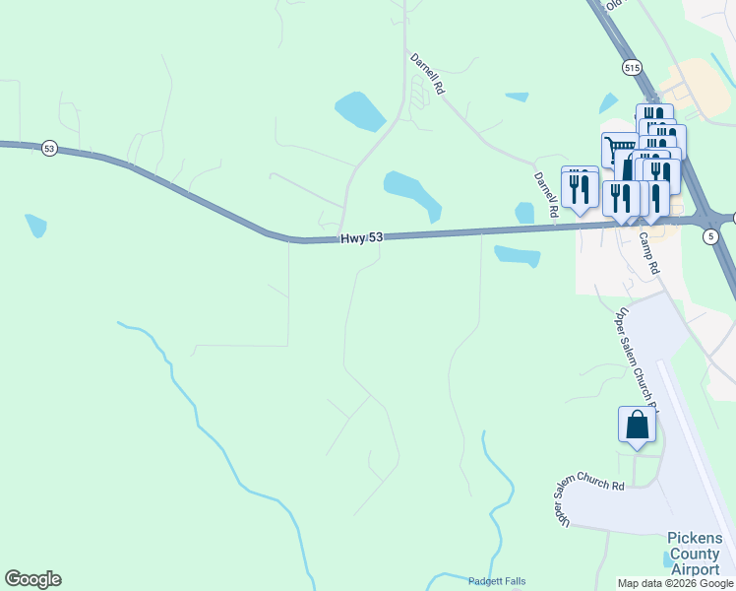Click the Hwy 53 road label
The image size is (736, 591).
point(361,238)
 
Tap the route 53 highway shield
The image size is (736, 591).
point(49,148)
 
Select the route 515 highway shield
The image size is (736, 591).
point(632,67)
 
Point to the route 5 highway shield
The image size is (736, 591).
point(710,236)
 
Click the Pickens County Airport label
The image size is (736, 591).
point(695,554)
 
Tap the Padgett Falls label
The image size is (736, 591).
point(497,580)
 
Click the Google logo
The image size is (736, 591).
point(32,579)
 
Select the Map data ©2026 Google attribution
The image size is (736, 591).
point(675,583)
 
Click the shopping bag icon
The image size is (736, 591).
point(638,425)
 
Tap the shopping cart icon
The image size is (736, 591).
point(619,151)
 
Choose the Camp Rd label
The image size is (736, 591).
point(647,252)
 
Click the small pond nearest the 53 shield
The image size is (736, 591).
point(36,226)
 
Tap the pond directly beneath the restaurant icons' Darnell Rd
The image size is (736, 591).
point(524,213)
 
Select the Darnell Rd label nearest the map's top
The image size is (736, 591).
point(427,74)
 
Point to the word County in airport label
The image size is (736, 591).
point(695,554)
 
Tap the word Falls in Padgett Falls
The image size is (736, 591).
point(510,580)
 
